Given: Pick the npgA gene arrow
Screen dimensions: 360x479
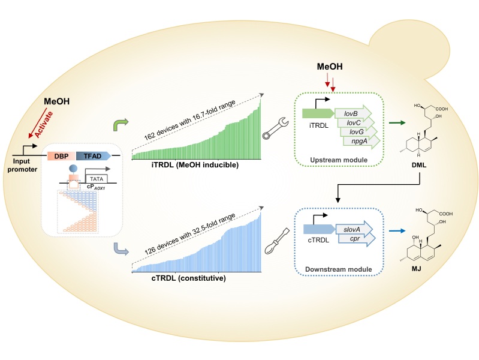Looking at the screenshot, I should pyautogui.click(x=362, y=141).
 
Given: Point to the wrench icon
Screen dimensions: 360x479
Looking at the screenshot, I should pyautogui.click(x=277, y=128).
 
